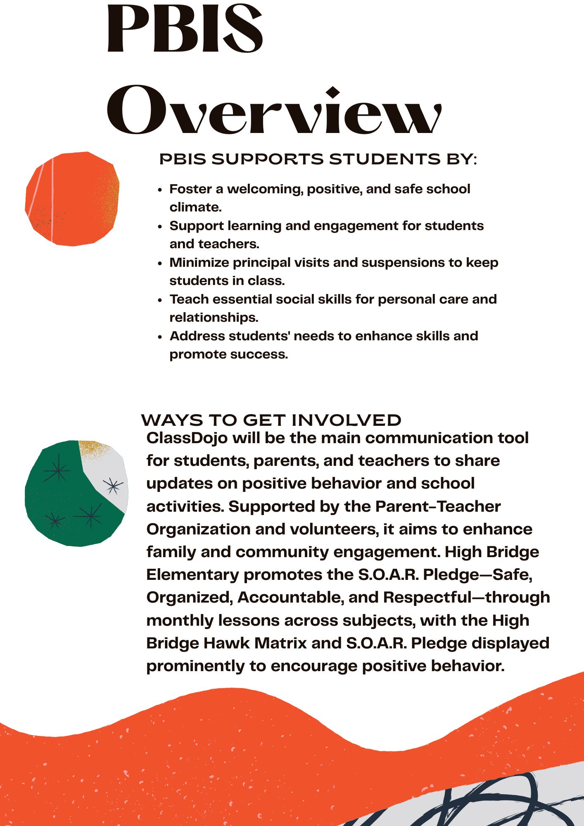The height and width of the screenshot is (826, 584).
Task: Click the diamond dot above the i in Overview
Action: click(x=333, y=93)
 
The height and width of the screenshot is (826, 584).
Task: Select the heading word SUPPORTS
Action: click(x=268, y=159)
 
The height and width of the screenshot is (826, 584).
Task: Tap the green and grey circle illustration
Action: click(x=76, y=493)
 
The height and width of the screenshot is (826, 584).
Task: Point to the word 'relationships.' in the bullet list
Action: click(x=214, y=318)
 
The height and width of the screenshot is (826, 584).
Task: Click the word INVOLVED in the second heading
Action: click(x=346, y=420)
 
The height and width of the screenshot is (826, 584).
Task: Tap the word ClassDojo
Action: click(x=187, y=438)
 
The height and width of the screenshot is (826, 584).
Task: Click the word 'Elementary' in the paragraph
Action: click(x=192, y=575)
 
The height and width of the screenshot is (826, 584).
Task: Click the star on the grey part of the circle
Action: click(x=113, y=486)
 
